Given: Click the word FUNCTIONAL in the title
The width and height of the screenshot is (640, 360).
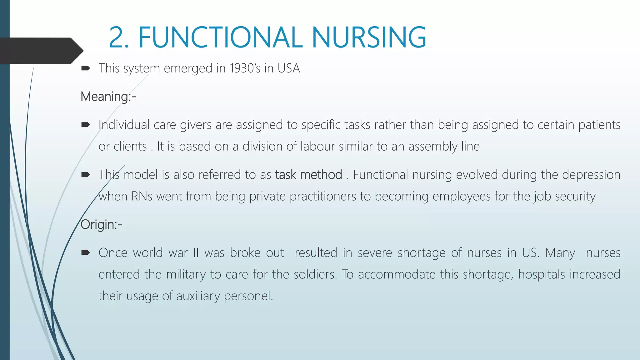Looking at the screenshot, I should click(x=220, y=37).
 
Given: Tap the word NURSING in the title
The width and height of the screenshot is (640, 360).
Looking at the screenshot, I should click(x=369, y=37).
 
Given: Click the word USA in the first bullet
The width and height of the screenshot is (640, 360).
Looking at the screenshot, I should click(x=289, y=68).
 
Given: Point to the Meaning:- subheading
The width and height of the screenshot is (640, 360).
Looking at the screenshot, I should click(x=108, y=96).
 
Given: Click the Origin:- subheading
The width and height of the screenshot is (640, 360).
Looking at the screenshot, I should click(x=101, y=224).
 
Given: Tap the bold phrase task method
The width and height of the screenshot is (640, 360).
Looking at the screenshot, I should click(x=308, y=174).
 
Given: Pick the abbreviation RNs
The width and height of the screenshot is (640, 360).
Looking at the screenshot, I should click(x=142, y=196).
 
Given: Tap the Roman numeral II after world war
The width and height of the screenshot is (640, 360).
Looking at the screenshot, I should click(x=196, y=252).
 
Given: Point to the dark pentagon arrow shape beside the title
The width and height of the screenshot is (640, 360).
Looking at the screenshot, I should click(x=41, y=51).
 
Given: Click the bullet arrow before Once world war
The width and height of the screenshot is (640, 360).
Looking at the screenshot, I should click(x=85, y=252).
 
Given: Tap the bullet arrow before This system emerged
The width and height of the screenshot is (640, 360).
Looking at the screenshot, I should click(x=85, y=68).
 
